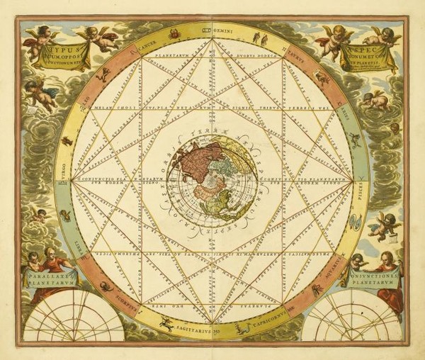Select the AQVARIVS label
tap(338, 270)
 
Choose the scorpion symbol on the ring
tap(105, 286)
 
